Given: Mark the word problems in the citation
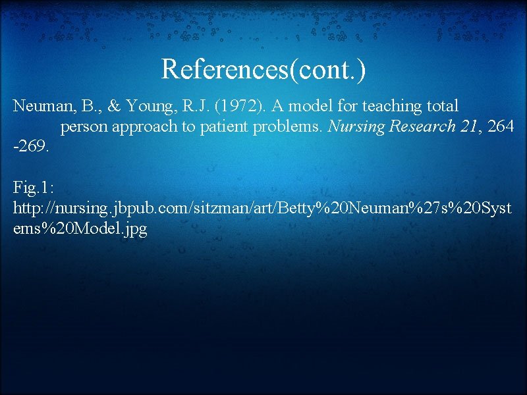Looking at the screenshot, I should (287, 127).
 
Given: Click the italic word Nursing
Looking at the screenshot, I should (356, 127).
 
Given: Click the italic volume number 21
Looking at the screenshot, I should (469, 127).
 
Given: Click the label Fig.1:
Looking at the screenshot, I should (34, 188).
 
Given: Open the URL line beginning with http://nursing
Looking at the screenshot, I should (263, 209).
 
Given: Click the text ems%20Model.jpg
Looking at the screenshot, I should (80, 230).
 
